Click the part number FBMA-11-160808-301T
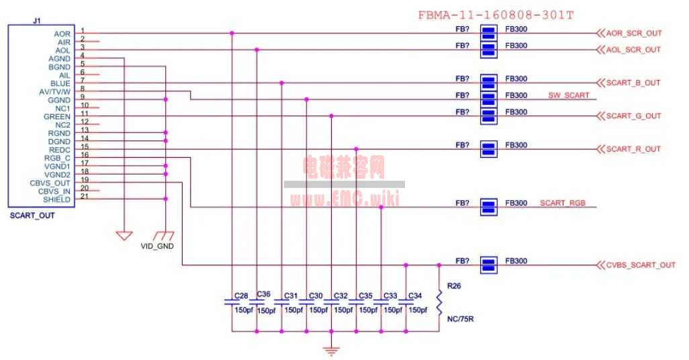[496, 15]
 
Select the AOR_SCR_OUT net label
[634, 33]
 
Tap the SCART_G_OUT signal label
[633, 116]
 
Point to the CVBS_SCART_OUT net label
[641, 265]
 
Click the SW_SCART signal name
[569, 95]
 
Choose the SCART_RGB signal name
[563, 203]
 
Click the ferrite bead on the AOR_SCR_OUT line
[489, 33]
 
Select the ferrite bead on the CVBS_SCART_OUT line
[489, 265]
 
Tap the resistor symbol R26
[439, 302]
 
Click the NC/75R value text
[460, 318]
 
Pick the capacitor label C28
[241, 296]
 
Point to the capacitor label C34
[415, 296]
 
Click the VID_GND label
[157, 246]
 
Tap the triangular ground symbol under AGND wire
[124, 236]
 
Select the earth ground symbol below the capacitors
[331, 351]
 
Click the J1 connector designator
[37, 21]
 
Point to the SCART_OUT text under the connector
[32, 216]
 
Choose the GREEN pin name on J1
[56, 116]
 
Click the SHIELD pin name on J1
[56, 199]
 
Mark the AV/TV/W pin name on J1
[54, 92]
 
